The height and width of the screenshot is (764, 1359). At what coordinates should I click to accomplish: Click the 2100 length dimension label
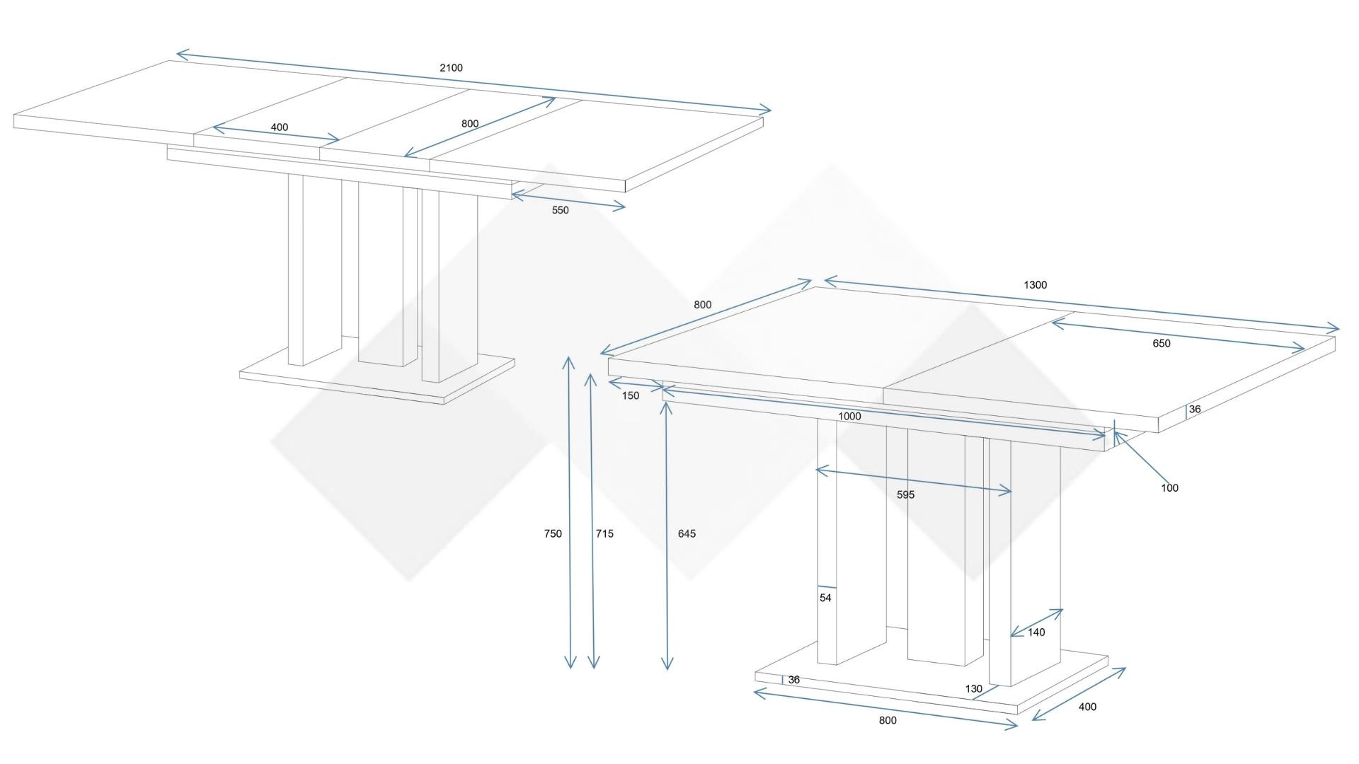tap(451, 68)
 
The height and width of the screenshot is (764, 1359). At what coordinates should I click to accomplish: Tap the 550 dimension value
tap(560, 210)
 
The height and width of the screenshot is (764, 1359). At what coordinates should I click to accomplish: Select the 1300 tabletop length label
tap(1035, 285)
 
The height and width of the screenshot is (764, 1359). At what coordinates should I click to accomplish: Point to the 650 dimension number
tap(1162, 344)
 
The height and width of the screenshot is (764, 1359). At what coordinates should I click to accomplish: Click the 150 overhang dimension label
tap(631, 396)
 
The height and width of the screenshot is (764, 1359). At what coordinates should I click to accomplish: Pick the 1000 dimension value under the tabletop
tap(849, 417)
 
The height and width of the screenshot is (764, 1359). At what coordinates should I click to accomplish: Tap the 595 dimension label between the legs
tap(906, 495)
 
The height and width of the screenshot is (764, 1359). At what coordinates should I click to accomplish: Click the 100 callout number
tap(1170, 488)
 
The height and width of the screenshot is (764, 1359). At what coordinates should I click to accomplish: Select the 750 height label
tap(553, 534)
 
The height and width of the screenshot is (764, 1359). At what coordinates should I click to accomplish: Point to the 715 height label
tap(604, 534)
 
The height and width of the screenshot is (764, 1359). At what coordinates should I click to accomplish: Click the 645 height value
tap(687, 534)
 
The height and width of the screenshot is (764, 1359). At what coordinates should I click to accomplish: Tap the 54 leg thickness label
tap(825, 598)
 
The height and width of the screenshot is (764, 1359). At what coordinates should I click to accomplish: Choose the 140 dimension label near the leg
tap(1036, 633)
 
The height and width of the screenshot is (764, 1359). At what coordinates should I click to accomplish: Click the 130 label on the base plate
tap(974, 689)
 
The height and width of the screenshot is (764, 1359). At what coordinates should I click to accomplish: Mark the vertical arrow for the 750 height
tap(569, 512)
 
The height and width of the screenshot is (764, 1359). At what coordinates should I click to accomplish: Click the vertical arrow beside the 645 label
tap(667, 535)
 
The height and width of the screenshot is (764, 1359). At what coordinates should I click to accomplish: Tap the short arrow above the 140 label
tap(1036, 623)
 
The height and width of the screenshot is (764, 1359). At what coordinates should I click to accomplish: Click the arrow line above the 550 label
tap(568, 199)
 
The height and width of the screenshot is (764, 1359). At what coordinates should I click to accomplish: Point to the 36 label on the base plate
tap(794, 680)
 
